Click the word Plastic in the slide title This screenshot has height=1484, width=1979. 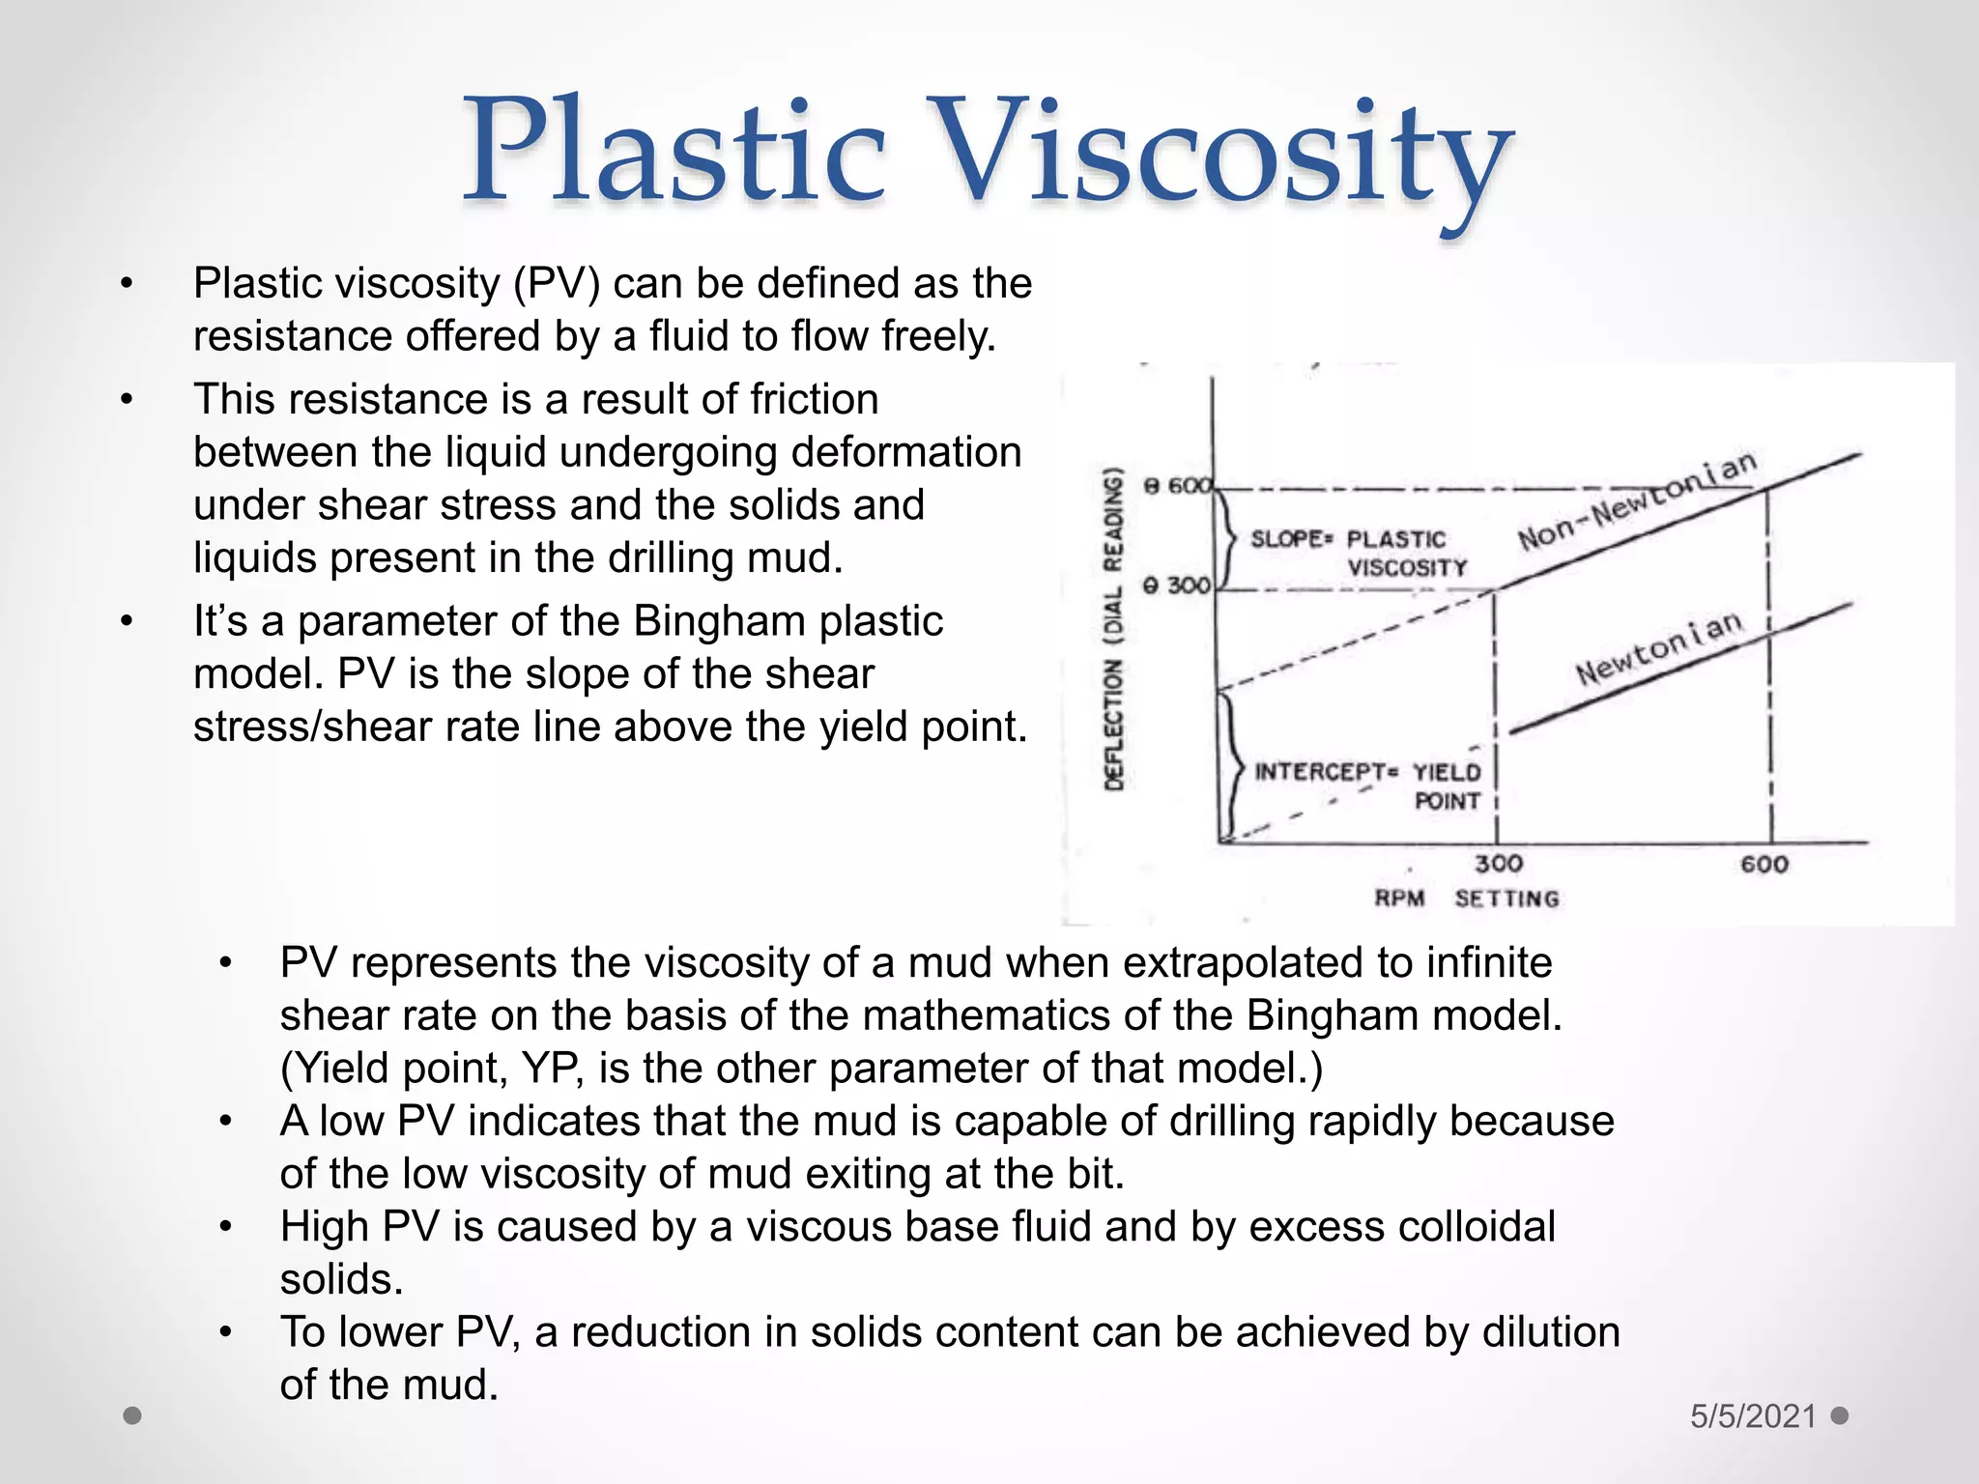674,155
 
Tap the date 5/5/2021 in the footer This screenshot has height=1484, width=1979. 1753,1416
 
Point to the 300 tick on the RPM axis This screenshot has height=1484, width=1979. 1498,863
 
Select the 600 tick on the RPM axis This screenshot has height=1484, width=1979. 1764,864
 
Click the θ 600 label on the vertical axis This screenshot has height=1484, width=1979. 1177,486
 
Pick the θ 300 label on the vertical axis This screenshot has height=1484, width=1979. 1177,585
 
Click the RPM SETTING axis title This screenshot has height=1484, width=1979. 1467,899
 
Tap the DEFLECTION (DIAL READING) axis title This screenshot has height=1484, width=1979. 1114,628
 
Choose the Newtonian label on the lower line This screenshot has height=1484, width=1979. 1659,647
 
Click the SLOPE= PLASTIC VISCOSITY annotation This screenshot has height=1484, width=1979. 1358,553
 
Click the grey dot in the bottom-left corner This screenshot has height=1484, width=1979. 133,1416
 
